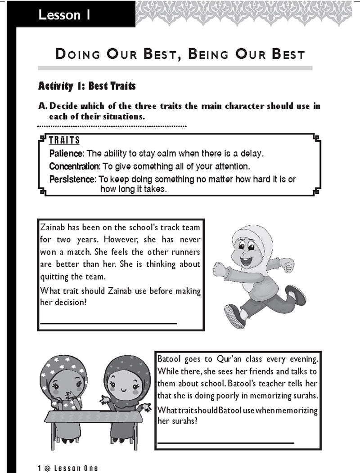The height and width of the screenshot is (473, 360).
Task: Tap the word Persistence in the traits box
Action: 72,179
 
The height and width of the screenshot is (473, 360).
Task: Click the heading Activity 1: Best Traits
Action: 87,85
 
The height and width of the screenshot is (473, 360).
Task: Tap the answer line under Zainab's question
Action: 108,323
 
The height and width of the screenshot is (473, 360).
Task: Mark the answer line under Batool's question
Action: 225,442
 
